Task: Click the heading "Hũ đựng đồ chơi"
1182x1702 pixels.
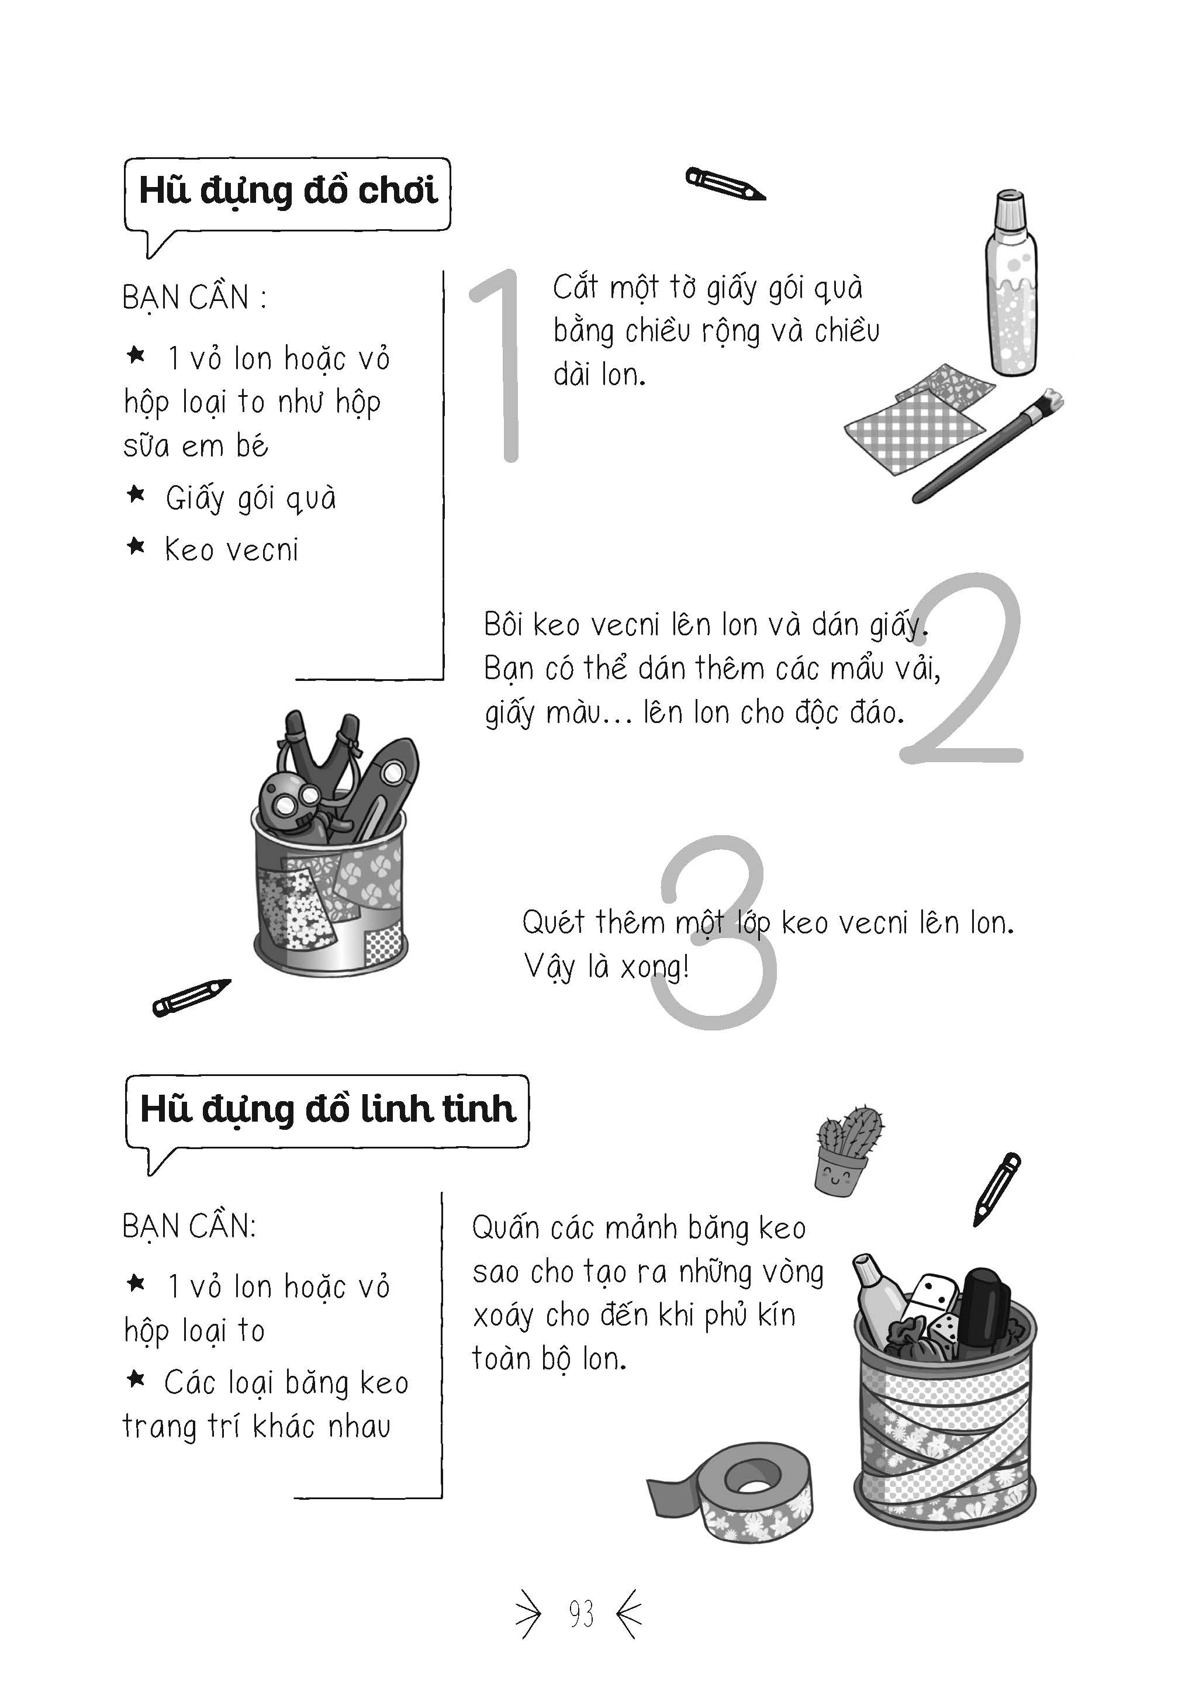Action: pos(288,191)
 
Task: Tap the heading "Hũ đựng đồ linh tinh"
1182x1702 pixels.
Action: pos(327,1109)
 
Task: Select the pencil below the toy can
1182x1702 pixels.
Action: pos(191,997)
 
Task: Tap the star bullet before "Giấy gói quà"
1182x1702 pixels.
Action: pos(136,494)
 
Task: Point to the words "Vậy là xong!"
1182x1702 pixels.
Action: pos(607,967)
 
